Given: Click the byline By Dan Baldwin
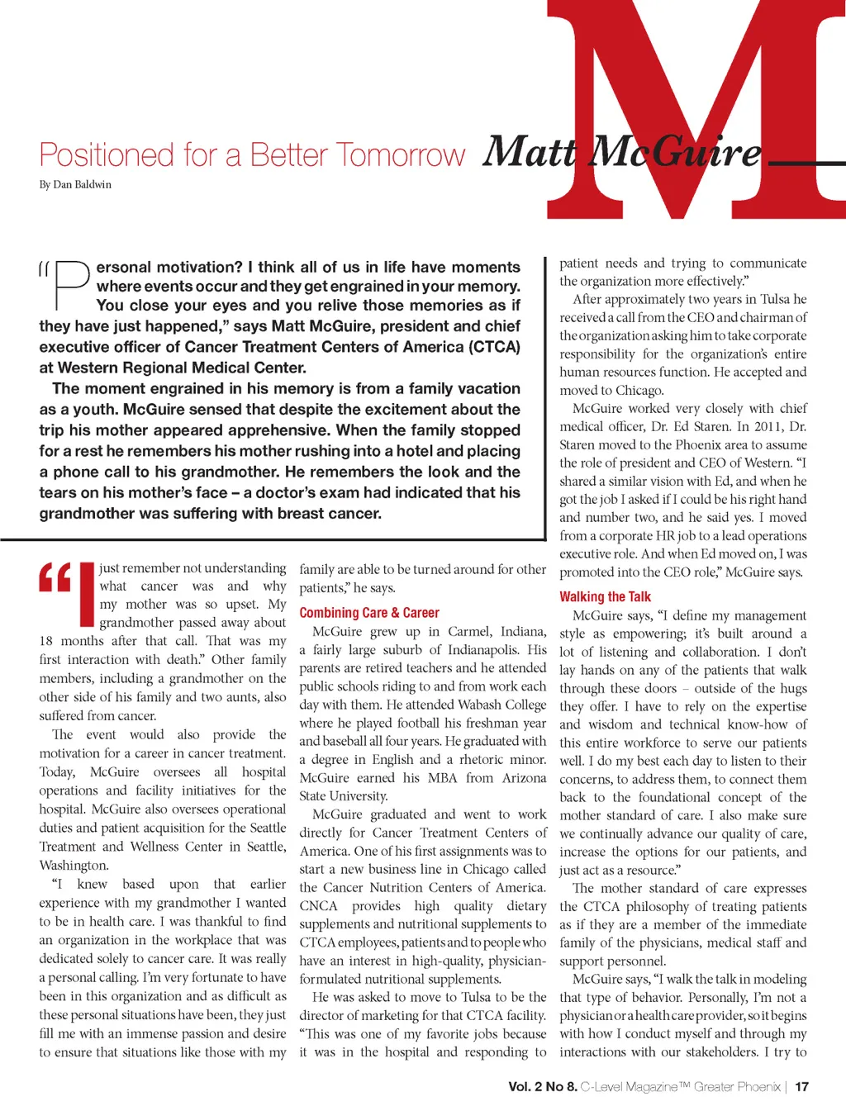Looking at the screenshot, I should click(x=75, y=185).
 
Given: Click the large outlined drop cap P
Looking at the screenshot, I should click(x=71, y=285).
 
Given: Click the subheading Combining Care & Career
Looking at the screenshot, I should click(x=369, y=613).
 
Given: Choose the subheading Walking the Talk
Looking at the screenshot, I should click(x=605, y=596).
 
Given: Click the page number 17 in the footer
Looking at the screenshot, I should click(x=801, y=1087).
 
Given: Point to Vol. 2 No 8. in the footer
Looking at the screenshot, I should click(x=542, y=1087).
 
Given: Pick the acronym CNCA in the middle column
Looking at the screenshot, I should click(x=319, y=906).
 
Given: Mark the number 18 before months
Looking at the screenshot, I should click(x=46, y=641).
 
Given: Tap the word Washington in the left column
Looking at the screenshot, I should click(x=74, y=866).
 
